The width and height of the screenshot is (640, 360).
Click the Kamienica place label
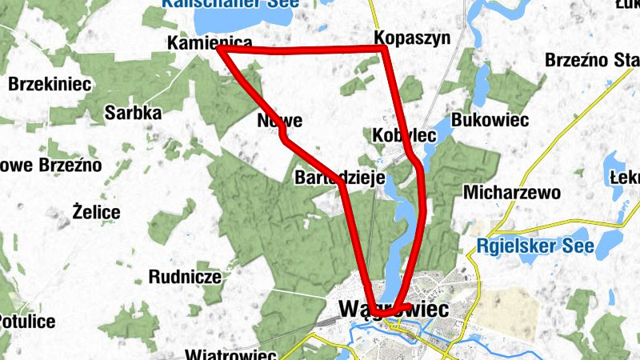210,43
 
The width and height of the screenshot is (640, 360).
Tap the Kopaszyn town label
412,38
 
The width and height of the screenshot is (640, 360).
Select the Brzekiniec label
50,83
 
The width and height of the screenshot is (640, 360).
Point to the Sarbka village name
133,113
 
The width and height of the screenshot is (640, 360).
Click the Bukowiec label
490,120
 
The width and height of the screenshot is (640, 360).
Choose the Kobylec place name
404,135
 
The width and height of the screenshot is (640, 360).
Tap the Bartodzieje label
340,177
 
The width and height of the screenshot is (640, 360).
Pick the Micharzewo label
511,193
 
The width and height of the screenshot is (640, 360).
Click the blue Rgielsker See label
535,246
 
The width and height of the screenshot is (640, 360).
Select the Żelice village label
96,213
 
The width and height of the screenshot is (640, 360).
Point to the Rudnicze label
185,278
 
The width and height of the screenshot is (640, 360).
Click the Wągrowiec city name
394,309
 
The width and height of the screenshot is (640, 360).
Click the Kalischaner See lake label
230,3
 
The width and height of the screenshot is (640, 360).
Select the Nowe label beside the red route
280,122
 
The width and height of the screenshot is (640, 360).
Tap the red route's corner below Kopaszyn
385,50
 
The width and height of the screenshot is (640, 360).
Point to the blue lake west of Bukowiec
482,84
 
